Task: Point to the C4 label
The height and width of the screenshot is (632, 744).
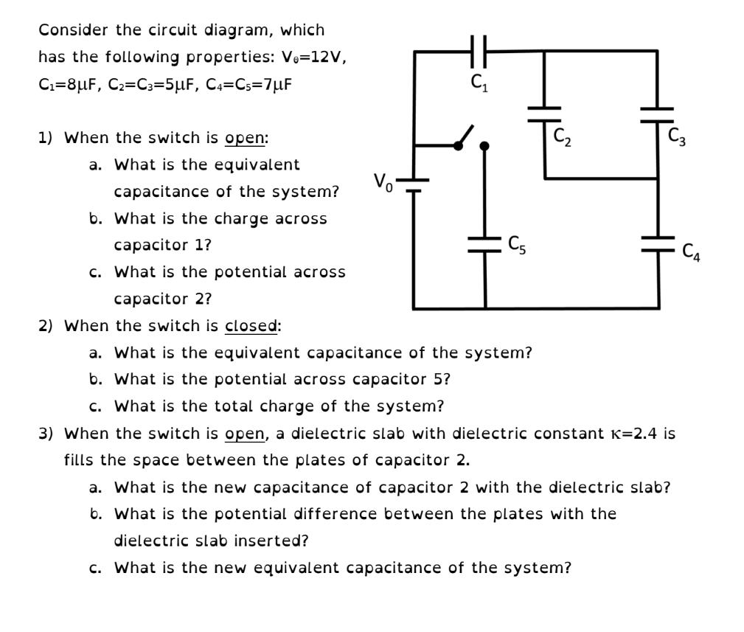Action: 691,252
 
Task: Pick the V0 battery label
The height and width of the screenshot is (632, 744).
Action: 383,180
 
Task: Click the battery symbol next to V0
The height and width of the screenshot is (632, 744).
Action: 414,184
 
